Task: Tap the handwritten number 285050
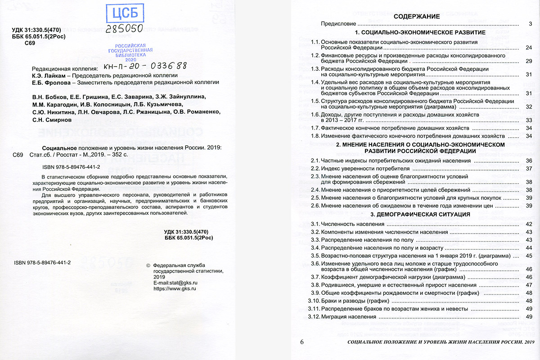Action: tap(125, 29)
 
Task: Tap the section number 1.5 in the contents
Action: tap(315, 101)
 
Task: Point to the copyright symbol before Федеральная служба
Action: tap(149, 265)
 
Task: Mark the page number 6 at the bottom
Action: tap(302, 343)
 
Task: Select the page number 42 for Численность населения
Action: tap(529, 224)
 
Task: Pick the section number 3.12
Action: tap(313, 317)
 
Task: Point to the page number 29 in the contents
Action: tap(529, 61)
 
